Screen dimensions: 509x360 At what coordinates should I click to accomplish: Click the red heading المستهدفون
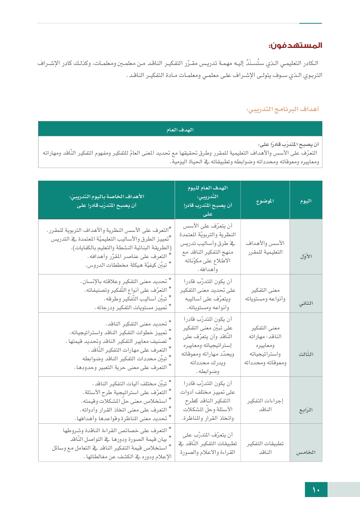[295, 45]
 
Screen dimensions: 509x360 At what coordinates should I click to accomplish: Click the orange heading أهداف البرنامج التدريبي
[283, 109]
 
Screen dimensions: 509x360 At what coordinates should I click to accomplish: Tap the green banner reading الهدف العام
[180, 130]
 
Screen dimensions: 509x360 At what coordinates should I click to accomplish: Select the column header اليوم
[306, 201]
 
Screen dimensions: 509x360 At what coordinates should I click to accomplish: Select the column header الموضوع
[265, 201]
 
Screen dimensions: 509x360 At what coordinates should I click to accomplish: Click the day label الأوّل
[306, 256]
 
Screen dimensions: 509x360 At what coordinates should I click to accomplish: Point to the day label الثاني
[306, 303]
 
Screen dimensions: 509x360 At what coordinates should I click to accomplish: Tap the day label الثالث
[306, 354]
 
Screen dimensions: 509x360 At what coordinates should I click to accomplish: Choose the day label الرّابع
[306, 410]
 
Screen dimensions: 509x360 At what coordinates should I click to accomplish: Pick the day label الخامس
[306, 452]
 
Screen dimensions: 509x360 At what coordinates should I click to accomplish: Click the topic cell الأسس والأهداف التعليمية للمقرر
[265, 247]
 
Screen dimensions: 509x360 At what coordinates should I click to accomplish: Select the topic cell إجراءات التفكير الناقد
[265, 405]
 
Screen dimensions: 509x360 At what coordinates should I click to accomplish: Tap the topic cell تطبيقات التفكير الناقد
[265, 448]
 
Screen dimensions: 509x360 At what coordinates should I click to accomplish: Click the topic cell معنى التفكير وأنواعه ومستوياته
[265, 294]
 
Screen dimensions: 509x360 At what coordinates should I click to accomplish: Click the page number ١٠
[316, 490]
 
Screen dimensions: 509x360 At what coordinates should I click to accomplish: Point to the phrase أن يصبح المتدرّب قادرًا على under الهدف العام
[288, 144]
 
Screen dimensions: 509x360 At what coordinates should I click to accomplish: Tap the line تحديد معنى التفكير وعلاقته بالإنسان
[124, 281]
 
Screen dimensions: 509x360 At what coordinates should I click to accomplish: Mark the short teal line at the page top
[311, 23]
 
